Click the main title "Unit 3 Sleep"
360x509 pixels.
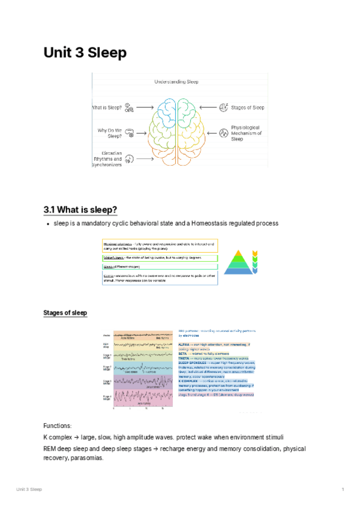[85, 53]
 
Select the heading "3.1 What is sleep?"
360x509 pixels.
[80, 209]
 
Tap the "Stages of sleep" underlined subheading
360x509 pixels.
[65, 313]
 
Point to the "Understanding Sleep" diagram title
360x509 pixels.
[176, 82]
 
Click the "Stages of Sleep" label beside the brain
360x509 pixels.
[247, 107]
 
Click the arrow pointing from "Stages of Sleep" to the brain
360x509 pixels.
[207, 107]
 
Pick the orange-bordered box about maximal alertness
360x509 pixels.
[159, 246]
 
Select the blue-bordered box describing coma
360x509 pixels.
[159, 277]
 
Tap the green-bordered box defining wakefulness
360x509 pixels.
[159, 257]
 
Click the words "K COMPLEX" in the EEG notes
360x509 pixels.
[189, 381]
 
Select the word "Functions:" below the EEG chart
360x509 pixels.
[57, 425]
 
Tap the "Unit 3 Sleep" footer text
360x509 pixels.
[29, 490]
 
